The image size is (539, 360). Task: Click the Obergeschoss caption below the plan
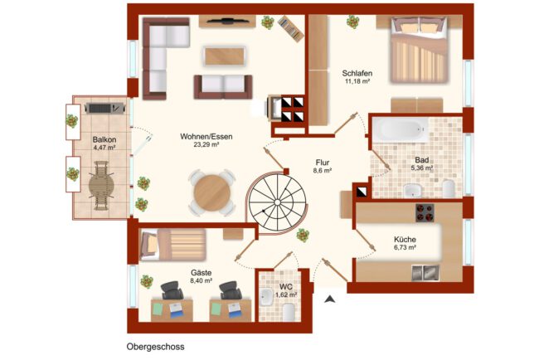pos(155,347)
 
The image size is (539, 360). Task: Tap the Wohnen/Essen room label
pos(206,137)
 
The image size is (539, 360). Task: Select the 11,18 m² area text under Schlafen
pos(357,81)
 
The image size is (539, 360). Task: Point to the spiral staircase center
pos(277,202)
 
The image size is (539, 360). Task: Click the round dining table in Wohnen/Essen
pos(212,192)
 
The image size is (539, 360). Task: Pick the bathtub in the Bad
pos(401,129)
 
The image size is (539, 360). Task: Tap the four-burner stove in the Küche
pos(425,213)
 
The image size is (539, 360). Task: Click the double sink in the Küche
pos(425,273)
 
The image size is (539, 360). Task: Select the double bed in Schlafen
pos(419,50)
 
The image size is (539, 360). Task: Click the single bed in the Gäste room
pos(173,244)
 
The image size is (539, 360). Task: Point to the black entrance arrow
pos(330,299)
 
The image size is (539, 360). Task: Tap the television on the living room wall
pos(227,21)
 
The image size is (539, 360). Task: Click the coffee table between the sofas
pos(226,56)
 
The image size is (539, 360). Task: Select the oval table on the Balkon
pos(101,186)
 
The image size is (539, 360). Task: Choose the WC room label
pos(286,287)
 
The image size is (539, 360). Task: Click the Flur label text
pos(323,163)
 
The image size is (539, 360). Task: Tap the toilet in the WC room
pos(289,312)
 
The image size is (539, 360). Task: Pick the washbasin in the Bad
pos(412,190)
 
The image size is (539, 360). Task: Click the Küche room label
pos(405,240)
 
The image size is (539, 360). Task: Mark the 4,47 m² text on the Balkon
pos(104,148)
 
